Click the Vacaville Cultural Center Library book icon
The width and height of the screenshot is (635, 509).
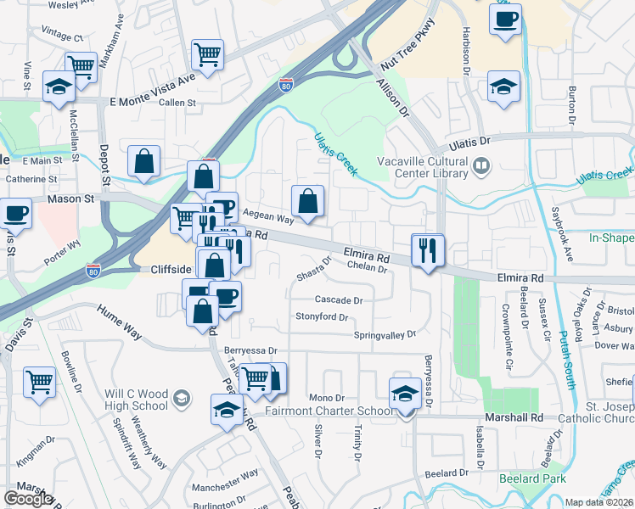(x=481, y=165)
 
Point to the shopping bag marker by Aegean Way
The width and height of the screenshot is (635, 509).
(x=307, y=202)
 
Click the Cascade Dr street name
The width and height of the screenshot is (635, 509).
(x=339, y=299)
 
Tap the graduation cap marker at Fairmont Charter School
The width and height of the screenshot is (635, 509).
(x=405, y=394)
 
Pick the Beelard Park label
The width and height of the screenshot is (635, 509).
(x=528, y=478)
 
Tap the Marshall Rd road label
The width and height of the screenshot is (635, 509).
(x=514, y=417)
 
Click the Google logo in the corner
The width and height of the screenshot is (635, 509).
(x=28, y=499)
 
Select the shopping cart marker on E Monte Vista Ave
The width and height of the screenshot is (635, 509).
(x=206, y=56)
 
